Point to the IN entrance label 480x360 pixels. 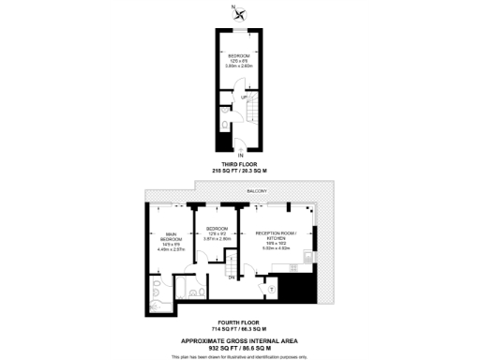240,154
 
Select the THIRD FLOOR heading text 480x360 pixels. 240,163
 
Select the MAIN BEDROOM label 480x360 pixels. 172,238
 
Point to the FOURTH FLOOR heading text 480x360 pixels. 240,322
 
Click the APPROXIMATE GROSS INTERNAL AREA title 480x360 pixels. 240,338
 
